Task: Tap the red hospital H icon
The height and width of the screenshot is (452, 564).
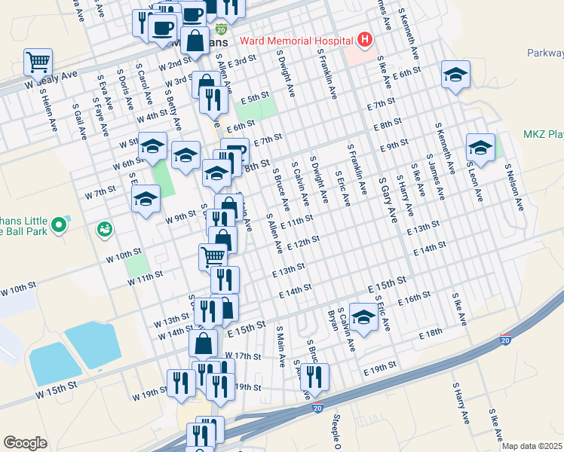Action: coord(365,39)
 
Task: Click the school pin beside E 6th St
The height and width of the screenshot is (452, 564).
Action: coord(454,74)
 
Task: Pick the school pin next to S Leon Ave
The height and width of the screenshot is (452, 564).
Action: coord(480,148)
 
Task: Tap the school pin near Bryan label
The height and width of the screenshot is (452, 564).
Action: coord(363,316)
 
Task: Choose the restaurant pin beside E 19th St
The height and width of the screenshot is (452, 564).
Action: coord(315,375)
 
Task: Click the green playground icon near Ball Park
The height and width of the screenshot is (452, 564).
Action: coord(104,228)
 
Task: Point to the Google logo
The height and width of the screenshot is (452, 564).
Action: coord(25,443)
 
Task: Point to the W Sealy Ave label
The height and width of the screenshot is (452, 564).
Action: coord(51,81)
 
